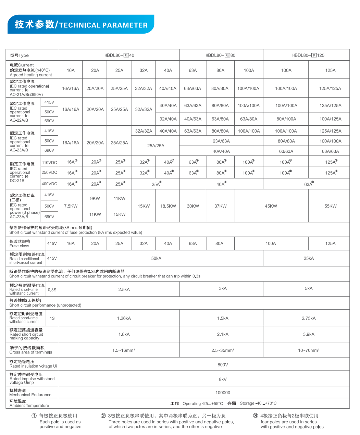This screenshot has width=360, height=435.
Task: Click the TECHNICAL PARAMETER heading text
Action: [x=103, y=25]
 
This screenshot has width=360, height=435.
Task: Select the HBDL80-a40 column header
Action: [x=119, y=55]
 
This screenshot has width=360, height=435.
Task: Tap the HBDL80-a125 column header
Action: [x=308, y=55]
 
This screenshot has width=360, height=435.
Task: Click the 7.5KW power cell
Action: [x=71, y=206]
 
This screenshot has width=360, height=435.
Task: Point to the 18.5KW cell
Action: [x=168, y=206]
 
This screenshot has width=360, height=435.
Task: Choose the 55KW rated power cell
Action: [x=330, y=206]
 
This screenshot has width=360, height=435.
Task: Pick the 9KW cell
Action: [x=95, y=198]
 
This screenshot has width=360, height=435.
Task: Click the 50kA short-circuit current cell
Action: [x=156, y=258]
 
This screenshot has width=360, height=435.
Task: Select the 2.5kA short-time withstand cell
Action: [x=124, y=289]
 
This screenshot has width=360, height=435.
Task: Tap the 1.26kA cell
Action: [x=124, y=318]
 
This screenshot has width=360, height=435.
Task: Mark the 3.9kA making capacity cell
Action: [x=308, y=334]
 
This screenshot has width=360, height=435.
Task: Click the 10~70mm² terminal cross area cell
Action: [x=308, y=350]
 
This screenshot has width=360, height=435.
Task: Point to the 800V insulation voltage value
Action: [x=223, y=365]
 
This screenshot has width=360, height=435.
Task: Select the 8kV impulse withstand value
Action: [x=223, y=379]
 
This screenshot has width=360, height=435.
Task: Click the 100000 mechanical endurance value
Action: [x=223, y=393]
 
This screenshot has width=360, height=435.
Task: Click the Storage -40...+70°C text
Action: [x=258, y=403]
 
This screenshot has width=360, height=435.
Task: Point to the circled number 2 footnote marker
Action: [x=103, y=416]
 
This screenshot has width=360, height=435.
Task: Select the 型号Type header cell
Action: [x=20, y=55]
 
